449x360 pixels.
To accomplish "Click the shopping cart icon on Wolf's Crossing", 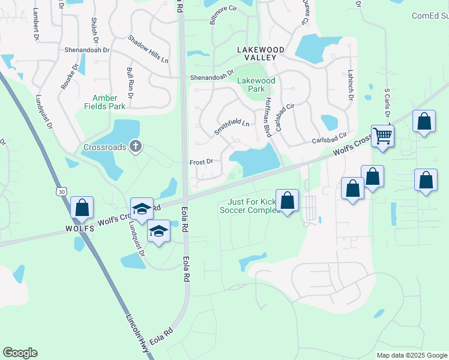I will pyautogui.click(x=382, y=136).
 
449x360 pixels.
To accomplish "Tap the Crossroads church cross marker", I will pyautogui.click(x=136, y=146).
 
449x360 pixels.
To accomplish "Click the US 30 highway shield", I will pyautogui.click(x=61, y=191).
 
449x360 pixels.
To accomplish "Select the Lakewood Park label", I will pyautogui.click(x=256, y=85).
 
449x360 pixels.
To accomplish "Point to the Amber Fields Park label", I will pyautogui.click(x=109, y=102).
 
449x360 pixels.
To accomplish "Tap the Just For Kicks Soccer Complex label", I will pyautogui.click(x=249, y=206).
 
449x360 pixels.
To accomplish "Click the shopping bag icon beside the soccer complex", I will pyautogui.click(x=287, y=201).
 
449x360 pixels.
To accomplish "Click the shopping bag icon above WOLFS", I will pyautogui.click(x=82, y=208).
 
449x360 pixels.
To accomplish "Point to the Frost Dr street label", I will pyautogui.click(x=201, y=162).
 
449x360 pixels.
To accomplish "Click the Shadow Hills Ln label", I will pyautogui.click(x=148, y=48).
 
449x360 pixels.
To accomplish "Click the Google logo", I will pyautogui.click(x=20, y=353).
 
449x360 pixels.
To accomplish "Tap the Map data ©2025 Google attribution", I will pyautogui.click(x=411, y=355).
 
